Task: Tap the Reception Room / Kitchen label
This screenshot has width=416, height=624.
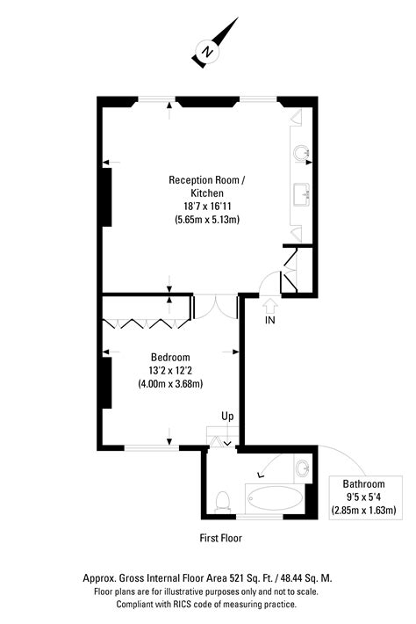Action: [207, 186]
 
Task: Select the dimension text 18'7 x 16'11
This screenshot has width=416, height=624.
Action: [207, 207]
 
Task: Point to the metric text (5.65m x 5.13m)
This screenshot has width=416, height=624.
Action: [207, 220]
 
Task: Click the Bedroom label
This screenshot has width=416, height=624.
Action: [170, 358]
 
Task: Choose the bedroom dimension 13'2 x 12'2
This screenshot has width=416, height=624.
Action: [170, 371]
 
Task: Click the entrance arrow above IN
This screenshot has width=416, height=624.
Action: [270, 304]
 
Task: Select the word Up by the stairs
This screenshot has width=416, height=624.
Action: [227, 416]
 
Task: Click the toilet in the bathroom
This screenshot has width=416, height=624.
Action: [223, 500]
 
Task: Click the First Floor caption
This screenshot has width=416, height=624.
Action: [220, 538]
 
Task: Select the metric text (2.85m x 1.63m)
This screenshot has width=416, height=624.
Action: [363, 510]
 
